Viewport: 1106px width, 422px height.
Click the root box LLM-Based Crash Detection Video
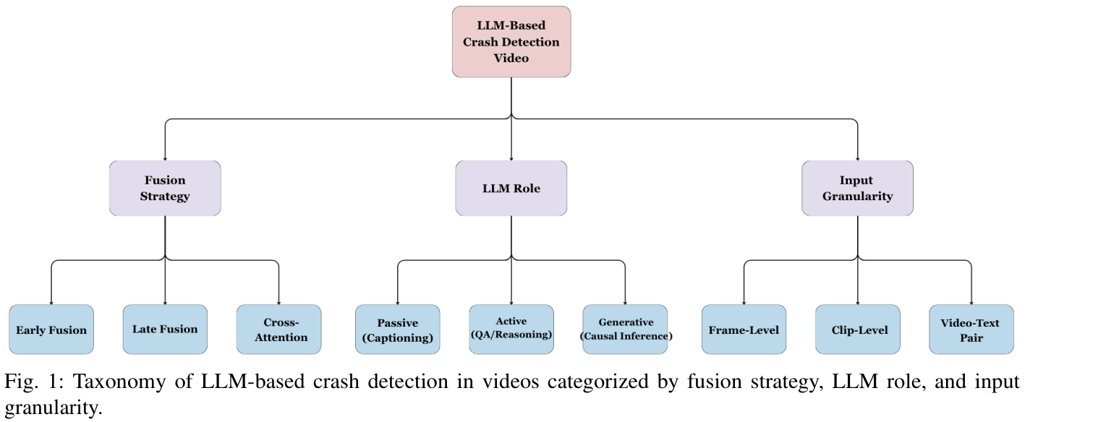tap(511, 42)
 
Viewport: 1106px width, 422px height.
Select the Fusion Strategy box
tap(165, 188)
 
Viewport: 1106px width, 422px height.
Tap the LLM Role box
tap(511, 188)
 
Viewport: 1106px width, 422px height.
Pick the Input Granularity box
tap(857, 188)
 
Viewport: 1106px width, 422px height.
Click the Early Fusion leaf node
tap(51, 330)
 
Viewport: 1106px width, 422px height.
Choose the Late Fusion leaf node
tap(165, 329)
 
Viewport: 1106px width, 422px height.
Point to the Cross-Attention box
tap(278, 330)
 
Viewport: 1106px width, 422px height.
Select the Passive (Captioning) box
tap(397, 330)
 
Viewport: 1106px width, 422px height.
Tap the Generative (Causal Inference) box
tap(625, 329)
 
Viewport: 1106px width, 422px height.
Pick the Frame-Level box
tap(744, 330)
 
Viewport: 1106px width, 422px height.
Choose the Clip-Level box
tap(857, 330)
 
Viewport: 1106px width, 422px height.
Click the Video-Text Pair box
tap(971, 330)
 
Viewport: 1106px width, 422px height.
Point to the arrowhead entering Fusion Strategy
tap(165, 158)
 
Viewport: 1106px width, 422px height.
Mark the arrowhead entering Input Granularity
tap(857, 158)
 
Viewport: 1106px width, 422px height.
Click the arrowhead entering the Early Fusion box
tap(51, 301)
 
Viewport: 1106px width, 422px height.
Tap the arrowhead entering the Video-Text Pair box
tap(971, 301)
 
